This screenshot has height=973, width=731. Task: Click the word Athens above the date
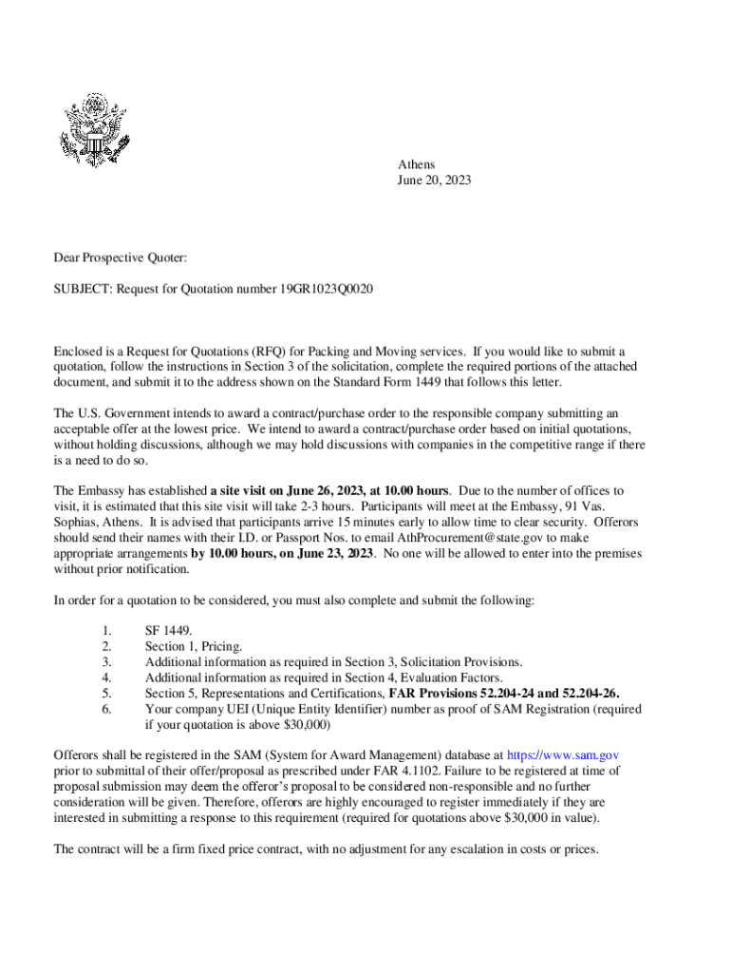[417, 164]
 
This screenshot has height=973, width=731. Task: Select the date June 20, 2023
[435, 180]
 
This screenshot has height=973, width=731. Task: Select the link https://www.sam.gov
[565, 755]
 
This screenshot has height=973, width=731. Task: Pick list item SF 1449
[168, 630]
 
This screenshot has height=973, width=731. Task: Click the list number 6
[106, 709]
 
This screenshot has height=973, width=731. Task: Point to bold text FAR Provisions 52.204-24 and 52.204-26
[505, 693]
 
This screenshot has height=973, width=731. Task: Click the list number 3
[106, 661]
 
